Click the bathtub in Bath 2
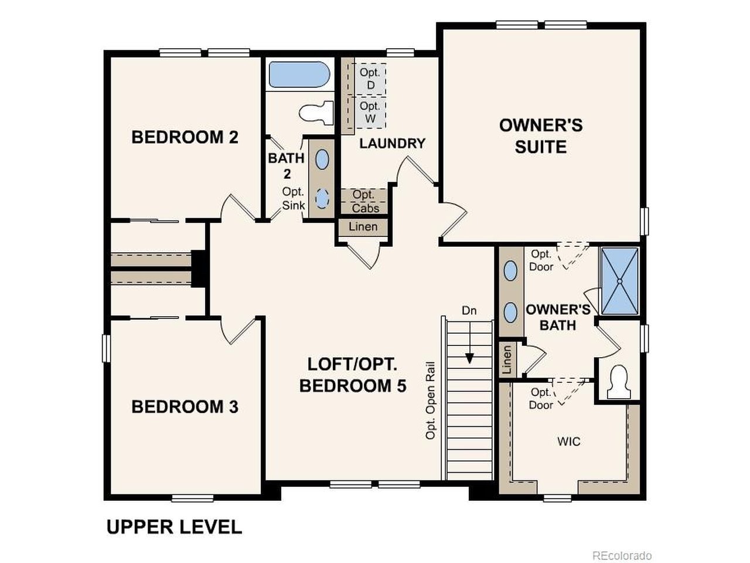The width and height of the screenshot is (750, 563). point(299,74)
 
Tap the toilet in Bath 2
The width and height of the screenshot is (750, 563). point(316,113)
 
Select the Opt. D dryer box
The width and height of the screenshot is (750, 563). point(370,79)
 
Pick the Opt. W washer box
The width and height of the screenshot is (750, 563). point(370,113)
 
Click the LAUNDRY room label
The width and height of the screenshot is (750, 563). point(392,144)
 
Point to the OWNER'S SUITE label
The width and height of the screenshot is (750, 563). point(541,136)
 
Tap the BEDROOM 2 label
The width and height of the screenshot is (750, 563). point(185,137)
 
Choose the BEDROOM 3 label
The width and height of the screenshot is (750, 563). point(185,407)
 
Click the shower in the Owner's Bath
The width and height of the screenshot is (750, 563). point(619,281)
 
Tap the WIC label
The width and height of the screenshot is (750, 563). point(568,441)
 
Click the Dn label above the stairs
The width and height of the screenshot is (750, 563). point(469,311)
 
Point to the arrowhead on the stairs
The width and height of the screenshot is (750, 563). point(469,359)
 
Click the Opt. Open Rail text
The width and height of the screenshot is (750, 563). point(431,401)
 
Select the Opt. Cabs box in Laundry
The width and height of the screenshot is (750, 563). point(364,201)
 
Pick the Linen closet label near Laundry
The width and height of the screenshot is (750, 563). point(363,226)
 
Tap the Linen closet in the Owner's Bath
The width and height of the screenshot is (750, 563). point(507,359)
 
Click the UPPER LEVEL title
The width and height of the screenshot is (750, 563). point(174,527)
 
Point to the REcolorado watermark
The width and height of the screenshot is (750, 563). point(622,555)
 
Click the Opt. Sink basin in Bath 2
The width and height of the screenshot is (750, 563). point(322,199)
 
